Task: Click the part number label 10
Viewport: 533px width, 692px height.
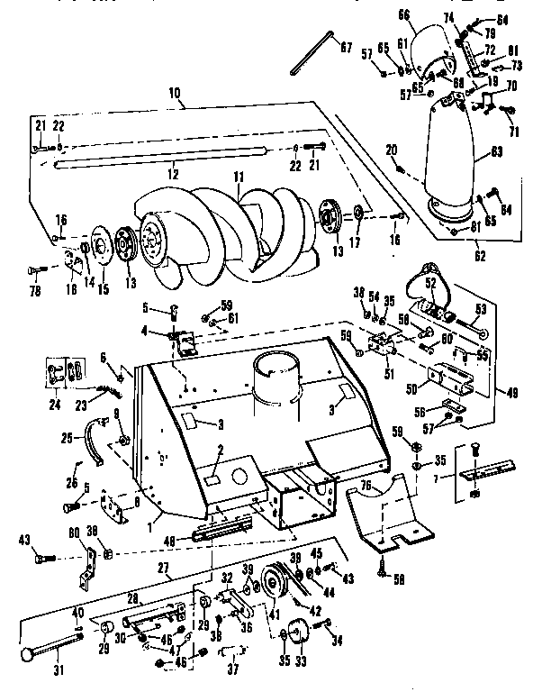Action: pos(174,93)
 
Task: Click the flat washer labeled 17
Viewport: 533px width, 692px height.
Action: pos(358,213)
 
